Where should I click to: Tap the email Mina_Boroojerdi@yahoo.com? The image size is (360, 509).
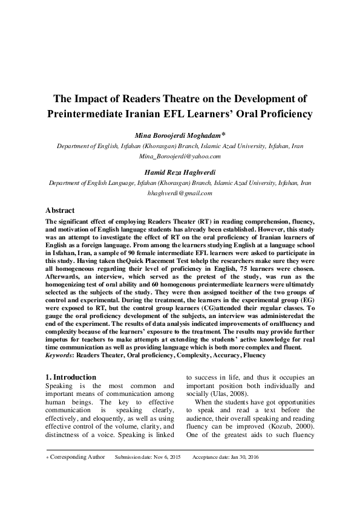pyautogui.click(x=180, y=156)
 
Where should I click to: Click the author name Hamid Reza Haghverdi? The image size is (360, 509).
pyautogui.click(x=180, y=172)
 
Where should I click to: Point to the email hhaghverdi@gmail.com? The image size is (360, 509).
pyautogui.click(x=180, y=193)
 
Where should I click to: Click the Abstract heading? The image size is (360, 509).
pyautogui.click(x=60, y=211)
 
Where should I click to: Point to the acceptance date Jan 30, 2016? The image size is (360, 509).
pyautogui.click(x=242, y=457)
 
